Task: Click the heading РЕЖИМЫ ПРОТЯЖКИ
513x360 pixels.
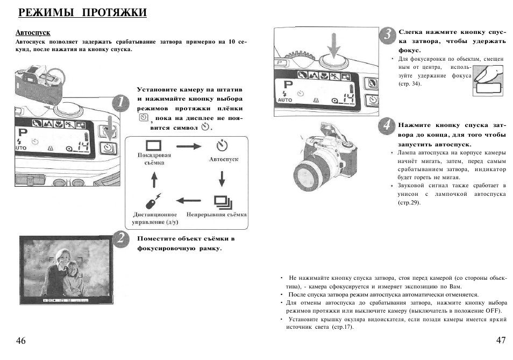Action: [82, 12]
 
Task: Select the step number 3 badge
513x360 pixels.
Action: [387, 36]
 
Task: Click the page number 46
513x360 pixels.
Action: [21, 341]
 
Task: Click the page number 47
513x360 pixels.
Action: [501, 341]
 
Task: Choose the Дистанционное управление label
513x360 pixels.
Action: [155, 218]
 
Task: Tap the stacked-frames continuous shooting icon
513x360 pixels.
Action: [222, 201]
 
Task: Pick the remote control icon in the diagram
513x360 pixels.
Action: [154, 200]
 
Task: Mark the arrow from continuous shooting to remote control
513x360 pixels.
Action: [188, 201]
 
